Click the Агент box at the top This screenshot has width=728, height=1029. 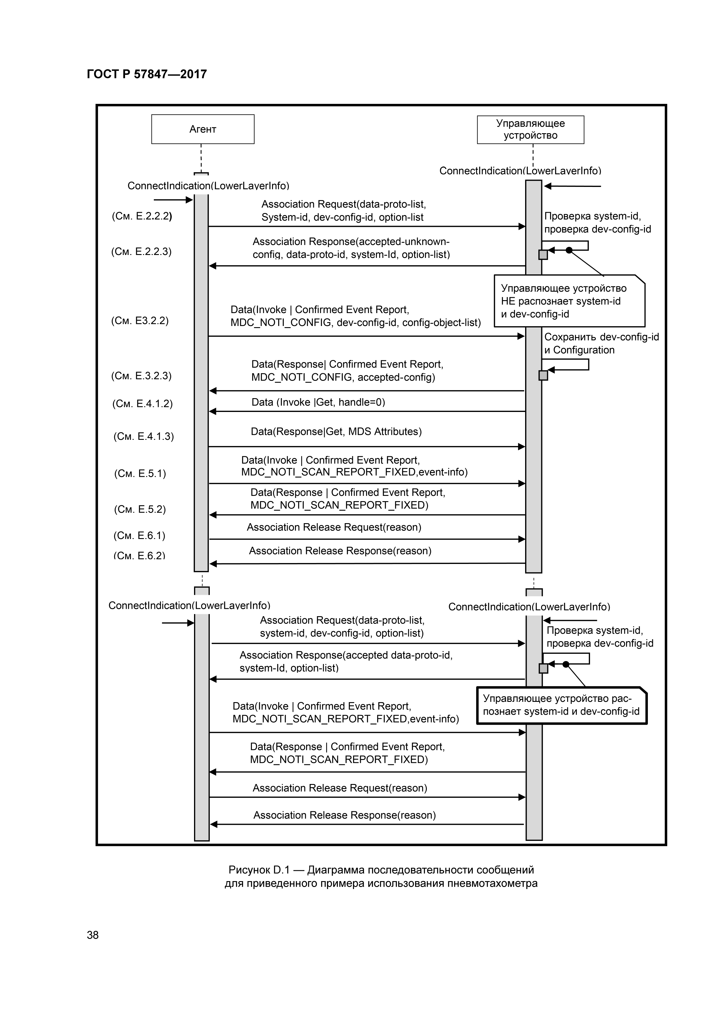click(x=203, y=129)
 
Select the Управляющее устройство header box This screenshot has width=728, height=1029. click(x=530, y=129)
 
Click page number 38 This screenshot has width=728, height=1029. click(x=93, y=935)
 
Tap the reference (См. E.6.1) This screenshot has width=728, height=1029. click(x=139, y=535)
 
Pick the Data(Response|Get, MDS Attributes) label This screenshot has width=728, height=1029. click(x=336, y=432)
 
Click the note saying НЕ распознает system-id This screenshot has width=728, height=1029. click(x=569, y=301)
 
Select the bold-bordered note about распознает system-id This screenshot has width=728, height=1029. click(x=561, y=705)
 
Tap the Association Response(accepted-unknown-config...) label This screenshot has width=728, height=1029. click(x=351, y=248)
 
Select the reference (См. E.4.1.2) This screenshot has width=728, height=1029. click(x=142, y=404)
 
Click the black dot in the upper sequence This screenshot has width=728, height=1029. click(x=569, y=250)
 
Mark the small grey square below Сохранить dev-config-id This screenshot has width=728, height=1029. click(x=543, y=376)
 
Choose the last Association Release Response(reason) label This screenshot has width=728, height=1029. click(x=344, y=815)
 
